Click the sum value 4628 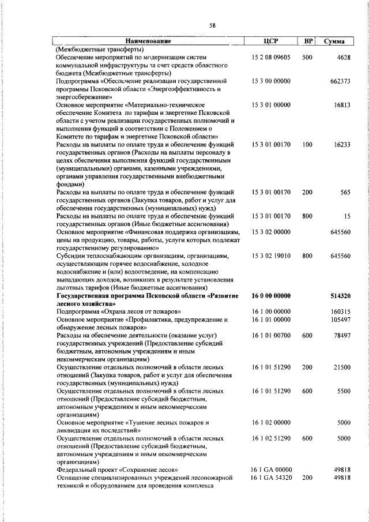coord(344,58)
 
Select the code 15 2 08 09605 coord(271,58)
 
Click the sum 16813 coord(342,106)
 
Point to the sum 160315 coord(340,311)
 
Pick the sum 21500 coord(342,367)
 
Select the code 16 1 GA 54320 coord(272,478)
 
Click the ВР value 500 coord(307,58)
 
